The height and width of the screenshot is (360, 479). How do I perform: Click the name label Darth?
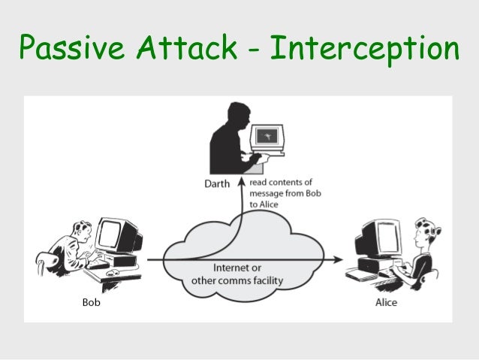click(217, 182)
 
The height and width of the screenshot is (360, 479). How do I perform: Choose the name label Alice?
click(386, 303)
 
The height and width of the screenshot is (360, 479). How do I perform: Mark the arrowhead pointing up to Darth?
click(241, 183)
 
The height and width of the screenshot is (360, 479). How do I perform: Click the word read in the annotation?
click(260, 181)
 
